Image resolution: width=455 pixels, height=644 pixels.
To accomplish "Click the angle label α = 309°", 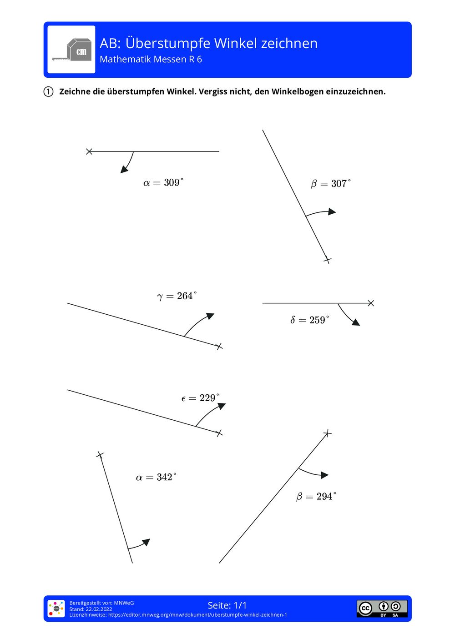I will [x=163, y=183].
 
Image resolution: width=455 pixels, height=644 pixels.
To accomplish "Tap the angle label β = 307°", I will [x=331, y=184].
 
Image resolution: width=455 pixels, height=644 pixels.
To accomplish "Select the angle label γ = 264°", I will [x=177, y=296].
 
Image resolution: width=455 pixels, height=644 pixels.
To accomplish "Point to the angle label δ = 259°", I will [x=309, y=320].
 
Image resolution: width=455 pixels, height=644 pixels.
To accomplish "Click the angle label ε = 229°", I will [x=200, y=398].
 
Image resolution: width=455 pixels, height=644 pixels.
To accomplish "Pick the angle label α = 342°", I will [x=156, y=477].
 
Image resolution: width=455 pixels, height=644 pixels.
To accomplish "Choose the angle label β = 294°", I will [x=316, y=496].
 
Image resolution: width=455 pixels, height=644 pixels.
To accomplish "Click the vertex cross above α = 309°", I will [x=89, y=151].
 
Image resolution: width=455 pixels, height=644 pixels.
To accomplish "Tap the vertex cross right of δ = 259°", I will [x=371, y=303].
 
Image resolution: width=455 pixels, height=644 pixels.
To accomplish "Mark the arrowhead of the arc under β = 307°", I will [x=333, y=211].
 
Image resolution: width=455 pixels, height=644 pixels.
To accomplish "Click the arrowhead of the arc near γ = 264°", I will [x=210, y=316].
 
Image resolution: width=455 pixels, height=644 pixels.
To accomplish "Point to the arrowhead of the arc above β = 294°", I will [x=325, y=475].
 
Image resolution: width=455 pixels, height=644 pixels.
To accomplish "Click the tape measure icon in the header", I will [x=71, y=50].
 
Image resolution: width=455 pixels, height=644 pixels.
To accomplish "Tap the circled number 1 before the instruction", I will [x=48, y=91].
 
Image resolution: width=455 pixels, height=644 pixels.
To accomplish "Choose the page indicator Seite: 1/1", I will [x=227, y=605].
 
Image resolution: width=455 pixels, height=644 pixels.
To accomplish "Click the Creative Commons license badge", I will [x=382, y=609].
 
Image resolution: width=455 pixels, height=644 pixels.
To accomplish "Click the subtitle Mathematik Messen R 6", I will [x=151, y=60].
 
